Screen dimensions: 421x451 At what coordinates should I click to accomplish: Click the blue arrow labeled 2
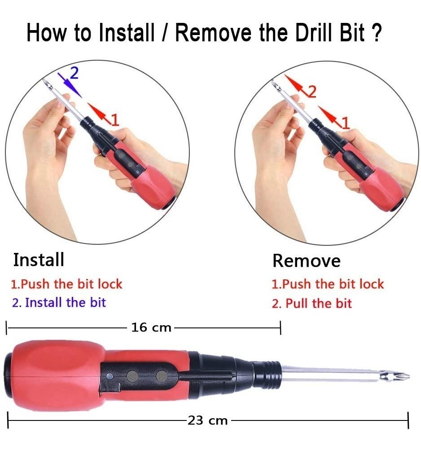(x=70, y=85)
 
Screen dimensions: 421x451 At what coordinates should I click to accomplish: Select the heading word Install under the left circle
(x=39, y=260)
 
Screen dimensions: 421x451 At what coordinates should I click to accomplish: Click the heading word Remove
(x=307, y=261)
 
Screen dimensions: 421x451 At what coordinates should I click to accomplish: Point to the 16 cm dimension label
(x=151, y=327)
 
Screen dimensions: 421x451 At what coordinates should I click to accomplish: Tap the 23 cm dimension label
(x=208, y=420)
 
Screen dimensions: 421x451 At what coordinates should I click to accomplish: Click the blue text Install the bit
(x=66, y=303)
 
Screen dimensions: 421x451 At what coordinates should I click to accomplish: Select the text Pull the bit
(x=319, y=304)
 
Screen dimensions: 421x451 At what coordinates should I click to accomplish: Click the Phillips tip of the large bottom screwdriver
(x=396, y=376)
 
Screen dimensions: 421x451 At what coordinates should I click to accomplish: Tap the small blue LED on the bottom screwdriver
(x=109, y=376)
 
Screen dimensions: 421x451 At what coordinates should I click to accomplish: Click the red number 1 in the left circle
(x=115, y=120)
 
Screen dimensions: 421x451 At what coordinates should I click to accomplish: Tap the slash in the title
(x=165, y=32)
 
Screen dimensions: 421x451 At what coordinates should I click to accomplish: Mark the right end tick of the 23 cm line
(x=408, y=420)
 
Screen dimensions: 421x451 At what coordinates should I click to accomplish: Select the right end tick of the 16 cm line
(x=281, y=328)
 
